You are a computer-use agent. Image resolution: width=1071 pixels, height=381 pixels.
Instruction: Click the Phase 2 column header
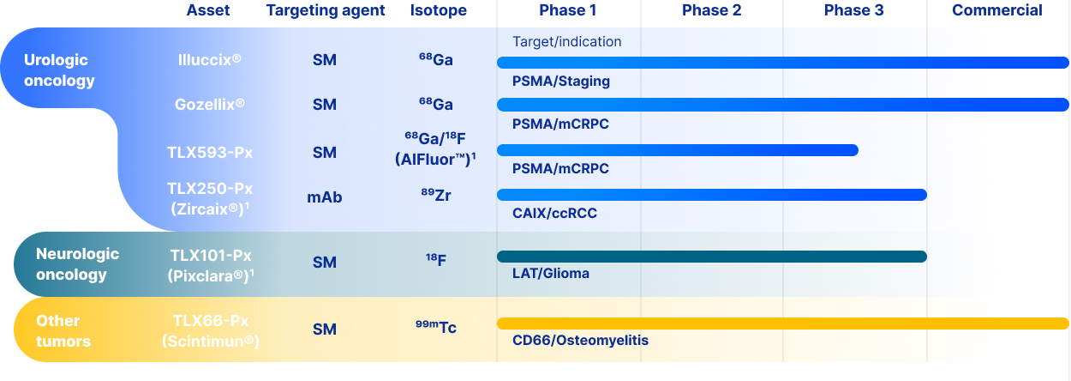[711, 11]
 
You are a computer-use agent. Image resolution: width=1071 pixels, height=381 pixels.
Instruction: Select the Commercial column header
[996, 11]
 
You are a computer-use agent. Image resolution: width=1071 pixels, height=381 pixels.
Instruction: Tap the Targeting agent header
[326, 11]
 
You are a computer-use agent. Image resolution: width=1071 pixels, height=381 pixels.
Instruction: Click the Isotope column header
[438, 11]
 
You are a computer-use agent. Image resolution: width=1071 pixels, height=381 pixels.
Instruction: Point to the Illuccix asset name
[209, 60]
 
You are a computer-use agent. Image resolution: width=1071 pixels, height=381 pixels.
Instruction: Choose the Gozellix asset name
[209, 105]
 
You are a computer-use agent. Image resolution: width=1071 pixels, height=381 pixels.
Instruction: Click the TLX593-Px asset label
[209, 153]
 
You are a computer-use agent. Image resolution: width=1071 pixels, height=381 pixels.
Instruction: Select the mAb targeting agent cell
[325, 197]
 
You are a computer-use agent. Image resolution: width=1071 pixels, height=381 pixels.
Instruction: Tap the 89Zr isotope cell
[436, 196]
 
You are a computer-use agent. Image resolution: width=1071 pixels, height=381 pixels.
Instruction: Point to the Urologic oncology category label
[59, 70]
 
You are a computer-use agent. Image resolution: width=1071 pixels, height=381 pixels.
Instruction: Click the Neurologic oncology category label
[77, 264]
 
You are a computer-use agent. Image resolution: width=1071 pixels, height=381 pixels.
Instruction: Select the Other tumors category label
[63, 330]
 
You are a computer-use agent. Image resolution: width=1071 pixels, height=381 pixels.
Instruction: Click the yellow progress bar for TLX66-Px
[782, 324]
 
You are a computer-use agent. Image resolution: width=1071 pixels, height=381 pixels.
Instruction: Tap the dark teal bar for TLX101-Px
[711, 257]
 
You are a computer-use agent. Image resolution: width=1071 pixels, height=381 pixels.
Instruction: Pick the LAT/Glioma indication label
[550, 274]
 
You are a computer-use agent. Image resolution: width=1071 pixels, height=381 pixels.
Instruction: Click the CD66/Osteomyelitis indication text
[580, 341]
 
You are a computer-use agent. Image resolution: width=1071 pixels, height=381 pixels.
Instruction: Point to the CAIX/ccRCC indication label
[554, 213]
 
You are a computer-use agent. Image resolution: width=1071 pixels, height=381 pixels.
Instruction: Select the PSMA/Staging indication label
[561, 82]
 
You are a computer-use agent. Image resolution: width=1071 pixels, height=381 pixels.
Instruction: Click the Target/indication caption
[566, 42]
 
